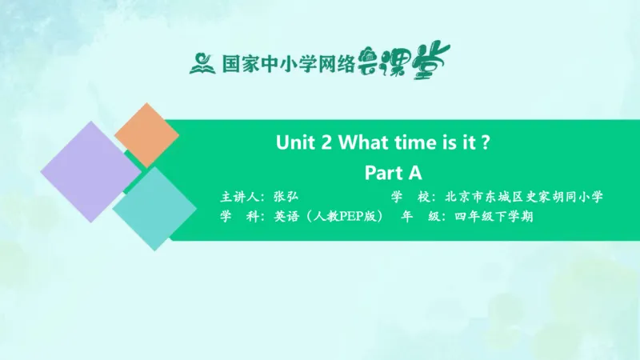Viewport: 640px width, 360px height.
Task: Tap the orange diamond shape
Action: click(146, 134)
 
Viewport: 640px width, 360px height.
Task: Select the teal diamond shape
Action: click(154, 208)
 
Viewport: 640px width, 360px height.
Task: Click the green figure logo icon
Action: click(202, 62)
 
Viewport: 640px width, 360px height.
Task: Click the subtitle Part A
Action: click(393, 172)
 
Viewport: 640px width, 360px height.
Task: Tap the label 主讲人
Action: click(240, 196)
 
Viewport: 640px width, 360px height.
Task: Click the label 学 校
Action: click(409, 196)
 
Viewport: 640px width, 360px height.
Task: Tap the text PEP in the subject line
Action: click(343, 217)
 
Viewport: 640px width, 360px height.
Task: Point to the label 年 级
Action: click(418, 217)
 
